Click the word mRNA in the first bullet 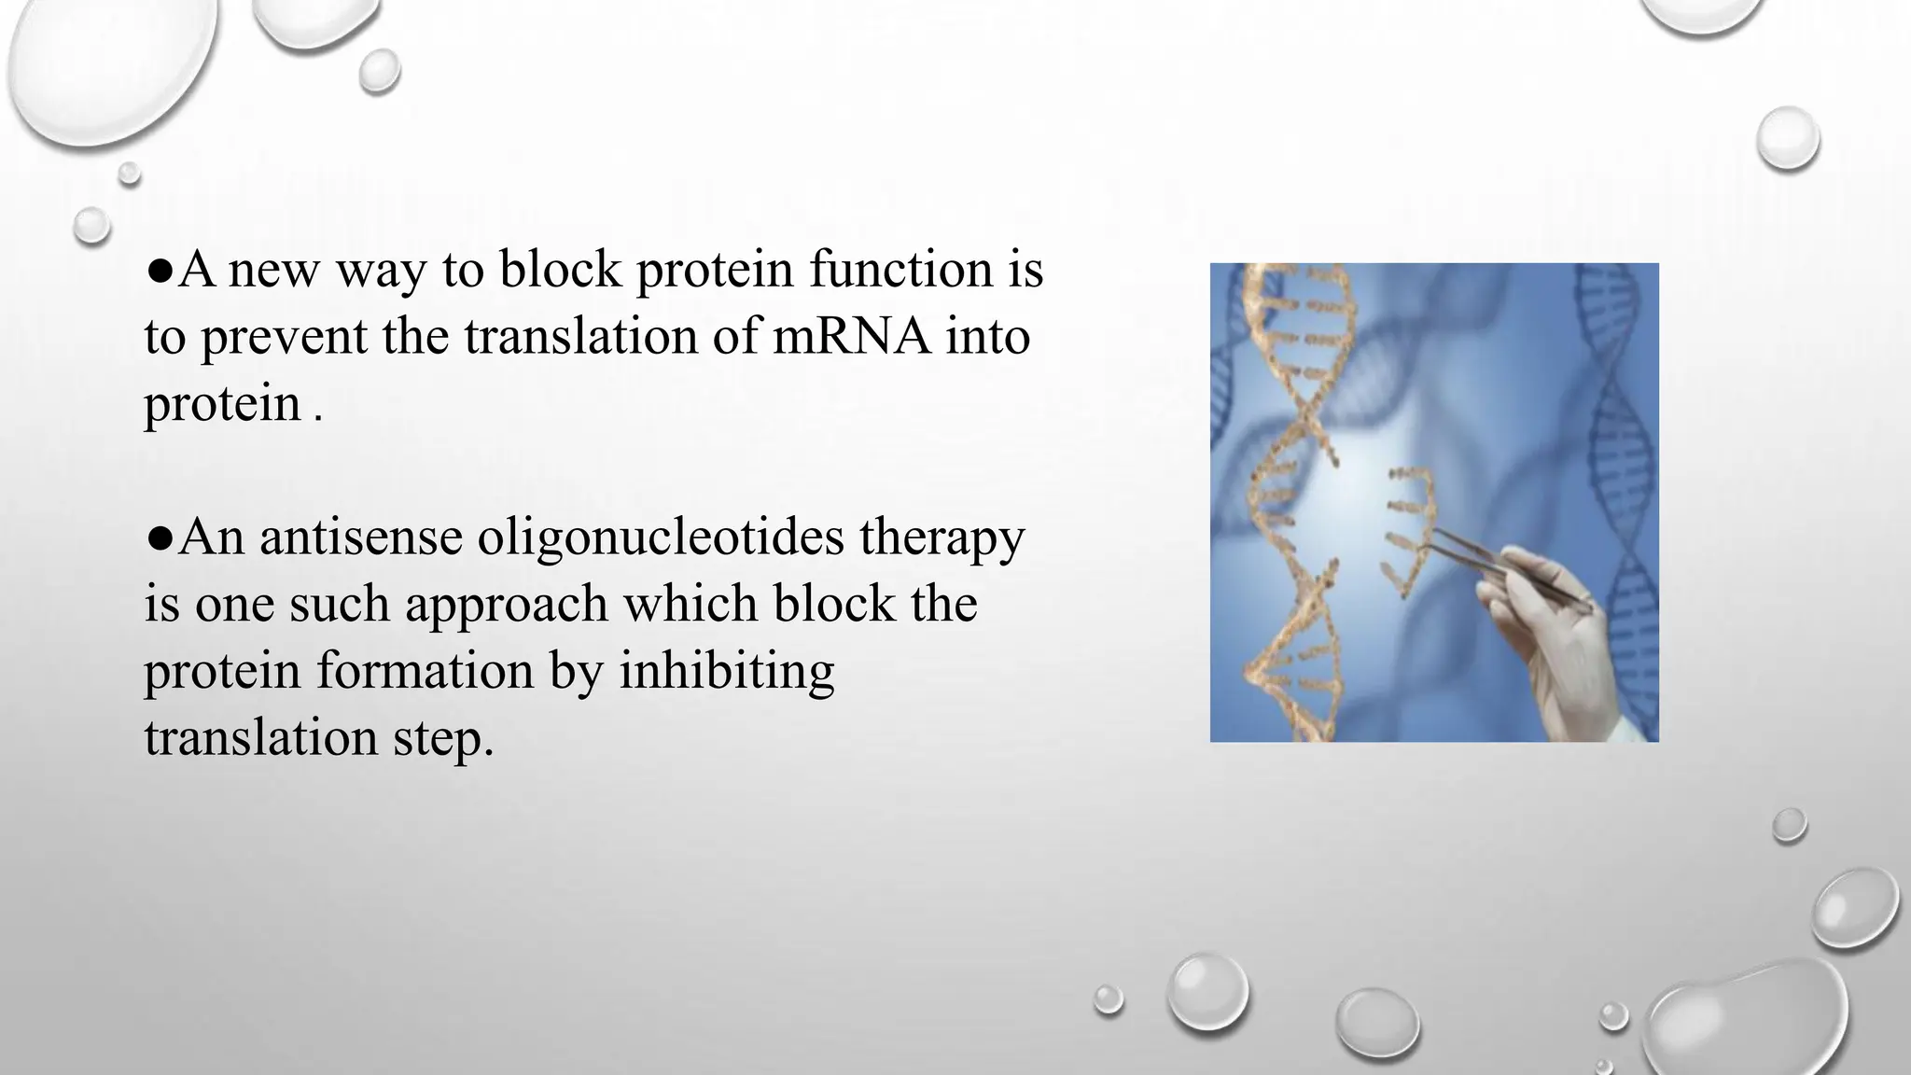click(x=851, y=337)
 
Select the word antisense click(x=360, y=537)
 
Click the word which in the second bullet click(x=690, y=605)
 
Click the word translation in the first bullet click(x=580, y=337)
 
